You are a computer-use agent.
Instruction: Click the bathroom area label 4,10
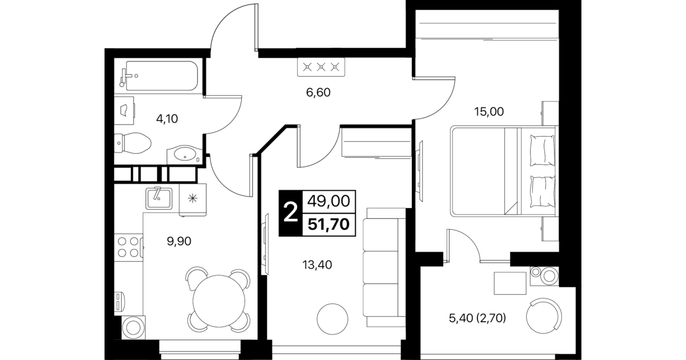(x=167, y=118)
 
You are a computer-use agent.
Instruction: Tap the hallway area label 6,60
(x=318, y=92)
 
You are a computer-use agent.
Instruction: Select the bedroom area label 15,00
(x=489, y=111)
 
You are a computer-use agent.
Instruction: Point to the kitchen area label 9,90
(x=179, y=241)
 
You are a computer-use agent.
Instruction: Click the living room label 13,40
(x=317, y=265)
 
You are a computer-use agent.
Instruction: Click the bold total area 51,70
(x=328, y=224)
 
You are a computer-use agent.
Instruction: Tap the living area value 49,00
(x=328, y=201)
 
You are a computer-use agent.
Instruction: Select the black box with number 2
(x=291, y=213)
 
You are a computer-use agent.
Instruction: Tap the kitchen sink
(x=159, y=198)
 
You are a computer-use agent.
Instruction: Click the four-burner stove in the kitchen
(x=129, y=247)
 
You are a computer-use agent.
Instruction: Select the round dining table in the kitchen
(x=219, y=301)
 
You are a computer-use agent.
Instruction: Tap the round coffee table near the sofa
(x=332, y=319)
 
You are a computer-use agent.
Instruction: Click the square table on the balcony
(x=510, y=283)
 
